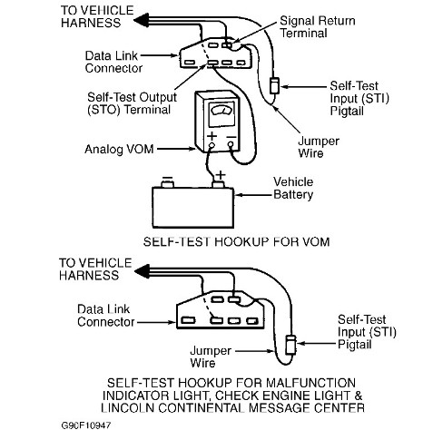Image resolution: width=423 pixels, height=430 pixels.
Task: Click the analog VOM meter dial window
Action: pyautogui.click(x=222, y=114)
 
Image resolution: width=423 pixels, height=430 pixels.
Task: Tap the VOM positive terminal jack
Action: pyautogui.click(x=211, y=146)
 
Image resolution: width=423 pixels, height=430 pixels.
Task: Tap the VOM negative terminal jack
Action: pyautogui.click(x=231, y=145)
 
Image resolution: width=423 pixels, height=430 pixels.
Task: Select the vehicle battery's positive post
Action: pyautogui.click(x=218, y=184)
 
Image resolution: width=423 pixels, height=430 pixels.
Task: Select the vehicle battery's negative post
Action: pyautogui.click(x=167, y=184)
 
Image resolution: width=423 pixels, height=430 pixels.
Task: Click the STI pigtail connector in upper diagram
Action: pyautogui.click(x=275, y=85)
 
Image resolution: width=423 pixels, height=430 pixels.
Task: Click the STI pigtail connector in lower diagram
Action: pyautogui.click(x=290, y=345)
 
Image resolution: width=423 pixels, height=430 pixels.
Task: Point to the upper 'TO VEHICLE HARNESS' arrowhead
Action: pyautogui.click(x=141, y=21)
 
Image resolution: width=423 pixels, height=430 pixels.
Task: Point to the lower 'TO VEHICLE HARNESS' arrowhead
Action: pyautogui.click(x=142, y=271)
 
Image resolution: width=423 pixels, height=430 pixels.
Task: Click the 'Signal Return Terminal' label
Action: pyautogui.click(x=318, y=27)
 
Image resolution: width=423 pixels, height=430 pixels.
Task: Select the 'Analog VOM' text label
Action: pyautogui.click(x=119, y=149)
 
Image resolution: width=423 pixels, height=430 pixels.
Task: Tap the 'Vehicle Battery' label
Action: pyautogui.click(x=293, y=188)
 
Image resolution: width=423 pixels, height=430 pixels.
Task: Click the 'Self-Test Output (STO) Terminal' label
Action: pyautogui.click(x=132, y=103)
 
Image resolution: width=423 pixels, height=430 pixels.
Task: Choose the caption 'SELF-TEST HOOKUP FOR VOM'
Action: pyautogui.click(x=236, y=242)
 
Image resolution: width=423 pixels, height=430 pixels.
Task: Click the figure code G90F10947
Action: pyautogui.click(x=86, y=425)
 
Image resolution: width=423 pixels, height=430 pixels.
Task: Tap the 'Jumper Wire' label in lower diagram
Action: pyautogui.click(x=211, y=357)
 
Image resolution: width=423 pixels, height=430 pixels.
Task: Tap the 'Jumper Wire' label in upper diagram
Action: pyautogui.click(x=319, y=147)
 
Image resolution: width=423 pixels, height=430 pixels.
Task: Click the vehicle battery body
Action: pyautogui.click(x=192, y=208)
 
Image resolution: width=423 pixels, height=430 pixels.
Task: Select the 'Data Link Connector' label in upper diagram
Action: pyautogui.click(x=113, y=62)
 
